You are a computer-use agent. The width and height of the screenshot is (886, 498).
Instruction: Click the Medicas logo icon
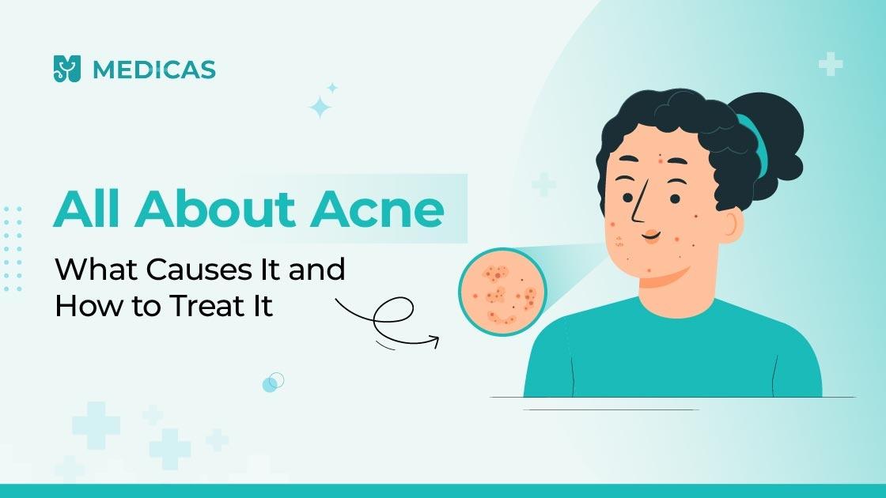click(x=67, y=69)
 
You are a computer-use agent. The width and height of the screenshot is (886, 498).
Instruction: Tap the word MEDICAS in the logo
click(x=153, y=70)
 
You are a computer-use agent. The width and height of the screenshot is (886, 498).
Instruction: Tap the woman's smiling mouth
click(x=650, y=236)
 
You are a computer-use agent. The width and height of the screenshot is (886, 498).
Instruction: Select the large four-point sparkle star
click(x=320, y=108)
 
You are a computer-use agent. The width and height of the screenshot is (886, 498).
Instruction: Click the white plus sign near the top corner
click(x=830, y=64)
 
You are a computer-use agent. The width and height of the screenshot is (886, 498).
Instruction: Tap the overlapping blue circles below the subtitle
click(x=272, y=383)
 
